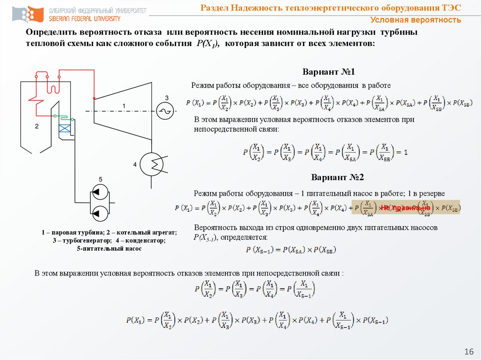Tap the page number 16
click(x=468, y=352)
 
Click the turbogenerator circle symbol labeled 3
click(x=165, y=110)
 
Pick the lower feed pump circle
click(x=99, y=214)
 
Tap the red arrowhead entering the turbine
click(x=94, y=96)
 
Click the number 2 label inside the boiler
click(x=36, y=127)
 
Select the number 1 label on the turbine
click(x=124, y=106)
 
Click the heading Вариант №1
click(x=328, y=73)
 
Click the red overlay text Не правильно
click(x=405, y=207)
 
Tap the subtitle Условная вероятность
click(x=415, y=20)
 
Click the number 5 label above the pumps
click(x=100, y=179)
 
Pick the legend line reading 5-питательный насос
click(x=109, y=249)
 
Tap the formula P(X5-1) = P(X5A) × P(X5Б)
click(x=291, y=250)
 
